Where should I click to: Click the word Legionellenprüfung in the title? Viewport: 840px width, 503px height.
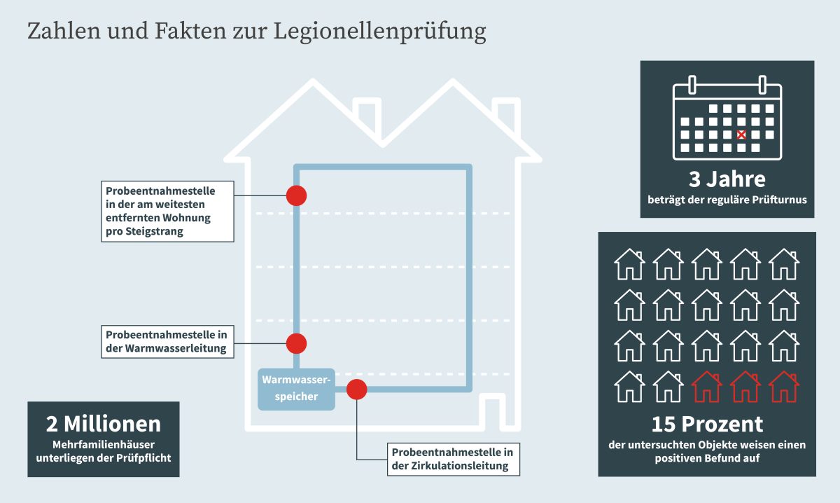point(379,32)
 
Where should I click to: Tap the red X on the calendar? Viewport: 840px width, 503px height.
point(741,135)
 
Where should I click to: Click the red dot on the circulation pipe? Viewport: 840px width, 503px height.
point(356,390)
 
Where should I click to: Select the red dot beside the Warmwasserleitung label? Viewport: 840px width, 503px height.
point(296,343)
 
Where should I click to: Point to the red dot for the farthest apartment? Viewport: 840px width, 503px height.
point(296,195)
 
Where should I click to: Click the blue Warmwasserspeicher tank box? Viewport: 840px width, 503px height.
point(296,389)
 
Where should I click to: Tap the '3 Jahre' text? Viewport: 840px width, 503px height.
point(727,179)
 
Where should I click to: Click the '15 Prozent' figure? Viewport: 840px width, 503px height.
point(707,424)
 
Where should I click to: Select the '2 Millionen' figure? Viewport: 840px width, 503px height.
point(104,424)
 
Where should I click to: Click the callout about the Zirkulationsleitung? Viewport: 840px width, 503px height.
point(454,459)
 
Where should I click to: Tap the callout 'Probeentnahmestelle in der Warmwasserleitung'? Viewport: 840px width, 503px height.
point(167,342)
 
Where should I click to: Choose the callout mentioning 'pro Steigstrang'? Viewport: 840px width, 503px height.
point(167,212)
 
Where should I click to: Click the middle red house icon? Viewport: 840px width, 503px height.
point(745,387)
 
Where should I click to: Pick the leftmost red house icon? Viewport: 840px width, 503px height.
point(706,387)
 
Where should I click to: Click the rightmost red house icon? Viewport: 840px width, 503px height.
point(784,387)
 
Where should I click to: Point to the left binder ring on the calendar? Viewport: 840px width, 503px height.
point(692,85)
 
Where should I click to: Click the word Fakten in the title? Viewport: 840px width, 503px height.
point(190,31)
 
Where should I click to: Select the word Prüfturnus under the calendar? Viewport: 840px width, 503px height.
point(783,200)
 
